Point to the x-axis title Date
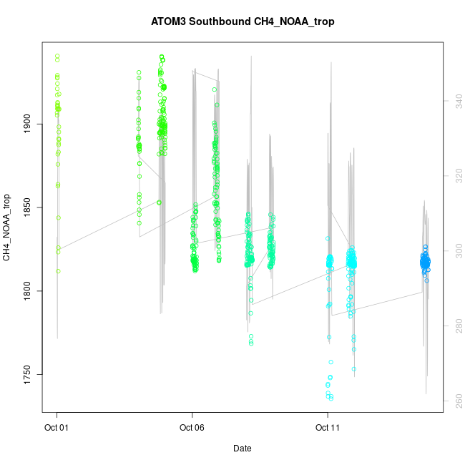coord(243,449)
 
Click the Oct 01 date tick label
coord(57,429)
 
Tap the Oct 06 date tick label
coord(192,429)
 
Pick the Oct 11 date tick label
coord(328,429)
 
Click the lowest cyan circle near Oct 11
coord(331,398)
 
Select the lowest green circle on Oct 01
coord(58,271)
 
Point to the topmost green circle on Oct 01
coord(57,56)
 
